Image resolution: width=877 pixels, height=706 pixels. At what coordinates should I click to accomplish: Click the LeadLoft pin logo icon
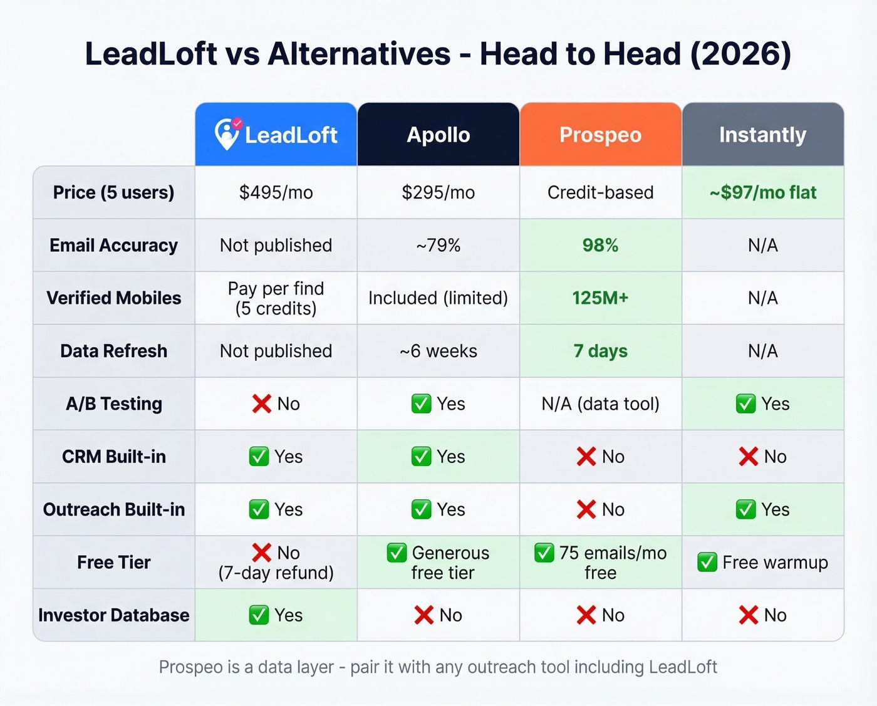coord(227,133)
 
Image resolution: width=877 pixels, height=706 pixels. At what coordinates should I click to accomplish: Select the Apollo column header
coord(438,135)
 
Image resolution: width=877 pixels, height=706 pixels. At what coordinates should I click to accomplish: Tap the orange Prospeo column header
coord(600,135)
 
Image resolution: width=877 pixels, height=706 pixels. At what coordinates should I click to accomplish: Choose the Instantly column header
coord(762,135)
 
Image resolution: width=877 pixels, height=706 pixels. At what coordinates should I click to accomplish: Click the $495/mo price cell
coord(276,192)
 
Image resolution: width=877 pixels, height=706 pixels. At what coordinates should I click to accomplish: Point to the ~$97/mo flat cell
coord(762,192)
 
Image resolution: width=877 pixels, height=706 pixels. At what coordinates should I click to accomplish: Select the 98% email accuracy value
coord(600,245)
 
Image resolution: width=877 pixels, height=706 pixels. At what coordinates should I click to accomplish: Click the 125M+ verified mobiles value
coord(600,298)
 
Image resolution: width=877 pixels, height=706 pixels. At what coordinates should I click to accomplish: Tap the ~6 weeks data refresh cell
coord(438,351)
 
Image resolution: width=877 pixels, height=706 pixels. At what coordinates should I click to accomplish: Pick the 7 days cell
coord(600,351)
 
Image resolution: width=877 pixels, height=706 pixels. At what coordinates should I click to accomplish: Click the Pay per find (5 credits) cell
coord(276,298)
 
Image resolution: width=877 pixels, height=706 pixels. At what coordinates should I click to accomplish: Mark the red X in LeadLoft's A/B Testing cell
coord(261,404)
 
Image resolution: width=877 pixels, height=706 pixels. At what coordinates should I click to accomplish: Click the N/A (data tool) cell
coord(600,404)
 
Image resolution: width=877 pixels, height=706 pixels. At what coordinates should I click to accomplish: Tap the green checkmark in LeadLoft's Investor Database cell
coord(259,615)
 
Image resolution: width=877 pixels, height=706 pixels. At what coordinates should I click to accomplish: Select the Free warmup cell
coord(762,563)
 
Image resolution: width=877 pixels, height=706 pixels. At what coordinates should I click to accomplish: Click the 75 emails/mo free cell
coord(600,563)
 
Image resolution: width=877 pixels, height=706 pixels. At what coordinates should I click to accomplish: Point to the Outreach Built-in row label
coord(114,509)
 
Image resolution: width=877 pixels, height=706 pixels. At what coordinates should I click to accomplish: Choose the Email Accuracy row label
coord(114,245)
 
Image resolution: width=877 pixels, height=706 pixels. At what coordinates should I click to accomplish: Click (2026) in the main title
coord(740,54)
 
